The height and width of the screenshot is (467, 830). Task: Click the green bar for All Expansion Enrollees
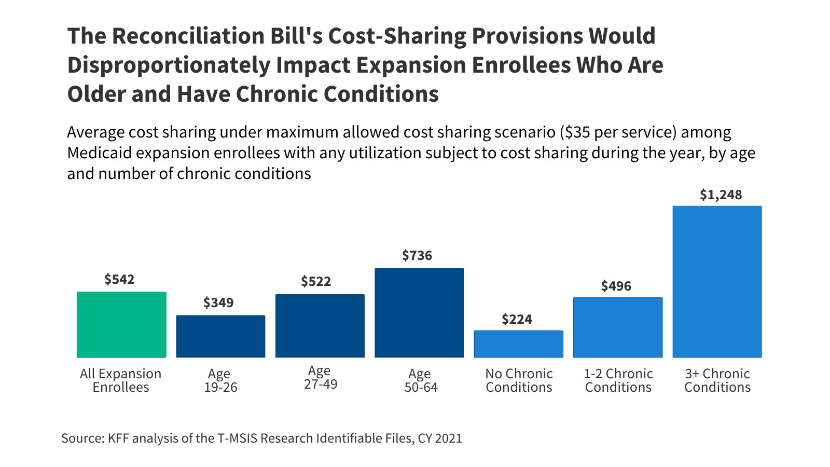(x=121, y=324)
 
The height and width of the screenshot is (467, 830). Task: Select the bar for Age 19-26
(x=220, y=336)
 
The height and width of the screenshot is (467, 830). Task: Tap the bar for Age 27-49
(x=320, y=326)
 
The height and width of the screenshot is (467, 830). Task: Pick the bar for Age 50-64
(x=419, y=313)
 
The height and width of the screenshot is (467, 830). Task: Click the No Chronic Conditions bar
(x=518, y=344)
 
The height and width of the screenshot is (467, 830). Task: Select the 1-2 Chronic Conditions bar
(x=618, y=327)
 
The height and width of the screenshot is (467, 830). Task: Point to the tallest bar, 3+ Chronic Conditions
(x=717, y=282)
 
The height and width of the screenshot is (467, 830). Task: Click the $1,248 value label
(x=721, y=195)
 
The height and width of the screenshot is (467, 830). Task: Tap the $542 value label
(x=119, y=280)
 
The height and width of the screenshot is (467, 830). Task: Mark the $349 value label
(x=218, y=303)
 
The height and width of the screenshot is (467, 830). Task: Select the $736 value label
(x=417, y=256)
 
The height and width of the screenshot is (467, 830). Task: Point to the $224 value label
(x=517, y=320)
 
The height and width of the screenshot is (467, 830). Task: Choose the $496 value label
(x=616, y=286)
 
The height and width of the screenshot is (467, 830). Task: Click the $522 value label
(x=316, y=282)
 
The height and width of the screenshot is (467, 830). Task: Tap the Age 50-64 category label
(x=420, y=380)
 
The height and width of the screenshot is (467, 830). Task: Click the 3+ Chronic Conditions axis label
(x=717, y=380)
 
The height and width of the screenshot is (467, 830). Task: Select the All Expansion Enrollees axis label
(x=120, y=380)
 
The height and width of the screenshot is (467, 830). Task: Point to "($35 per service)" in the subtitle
(x=618, y=132)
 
